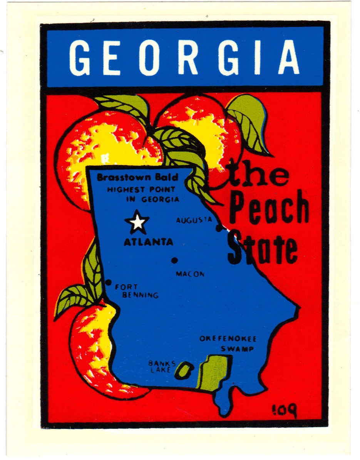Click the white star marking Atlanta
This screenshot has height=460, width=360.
pos(137,222)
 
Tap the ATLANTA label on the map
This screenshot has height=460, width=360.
pos(148,242)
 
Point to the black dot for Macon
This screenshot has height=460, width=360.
pos(174,260)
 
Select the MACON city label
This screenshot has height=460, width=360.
pos(190,274)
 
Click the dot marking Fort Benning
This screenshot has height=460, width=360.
pos(109,283)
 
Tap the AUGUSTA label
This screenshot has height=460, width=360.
pos(194,220)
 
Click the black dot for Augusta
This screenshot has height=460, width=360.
pos(219,228)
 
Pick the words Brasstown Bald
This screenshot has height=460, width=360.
pos(137,178)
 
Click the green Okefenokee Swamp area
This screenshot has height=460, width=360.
pos(214,372)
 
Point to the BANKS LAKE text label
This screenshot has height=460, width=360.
pos(162,366)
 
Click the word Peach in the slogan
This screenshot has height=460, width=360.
pos(270,210)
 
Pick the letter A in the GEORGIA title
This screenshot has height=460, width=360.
pos(288,57)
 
